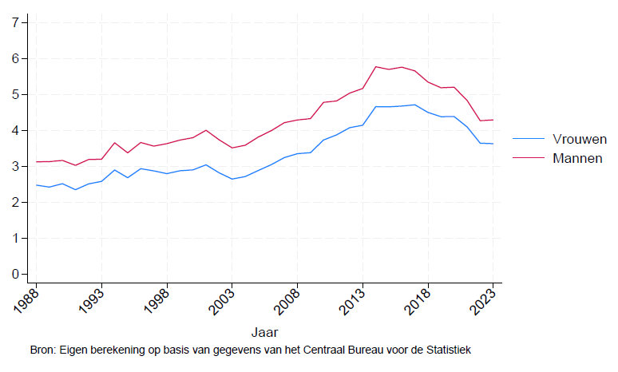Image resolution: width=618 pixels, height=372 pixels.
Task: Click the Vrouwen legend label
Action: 578,138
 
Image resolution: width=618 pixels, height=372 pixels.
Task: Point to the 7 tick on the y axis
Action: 15,22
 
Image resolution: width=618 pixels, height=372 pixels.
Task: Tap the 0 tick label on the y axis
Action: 15,274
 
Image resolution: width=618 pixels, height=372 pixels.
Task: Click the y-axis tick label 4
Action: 15,130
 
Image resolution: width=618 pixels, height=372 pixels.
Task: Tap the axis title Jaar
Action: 264,330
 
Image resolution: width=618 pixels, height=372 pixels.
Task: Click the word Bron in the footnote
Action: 43,350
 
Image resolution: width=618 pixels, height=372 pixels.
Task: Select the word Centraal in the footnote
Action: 315,350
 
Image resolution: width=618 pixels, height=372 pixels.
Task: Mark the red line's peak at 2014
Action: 375,66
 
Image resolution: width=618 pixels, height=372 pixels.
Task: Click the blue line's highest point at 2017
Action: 414,105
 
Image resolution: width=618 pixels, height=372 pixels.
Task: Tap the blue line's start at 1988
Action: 36,185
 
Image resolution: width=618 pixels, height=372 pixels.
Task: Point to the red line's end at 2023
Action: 493,120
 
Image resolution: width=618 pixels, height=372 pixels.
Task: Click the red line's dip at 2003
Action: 232,148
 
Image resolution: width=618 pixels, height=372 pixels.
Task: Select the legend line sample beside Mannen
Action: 527,158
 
